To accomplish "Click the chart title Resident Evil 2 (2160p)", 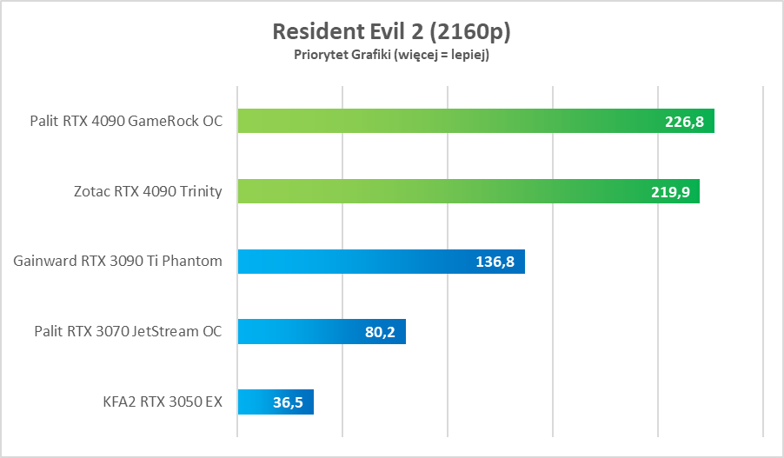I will point(391,31).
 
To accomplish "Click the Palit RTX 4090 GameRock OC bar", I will point(435,121).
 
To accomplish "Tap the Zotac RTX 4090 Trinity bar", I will point(435,191).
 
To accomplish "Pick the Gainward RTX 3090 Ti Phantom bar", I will point(348,261).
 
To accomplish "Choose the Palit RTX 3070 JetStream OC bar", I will point(296,331).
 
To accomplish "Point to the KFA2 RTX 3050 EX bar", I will point(261,402).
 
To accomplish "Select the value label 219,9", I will point(670,192).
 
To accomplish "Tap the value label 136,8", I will point(495,262).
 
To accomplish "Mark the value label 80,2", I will point(380,332).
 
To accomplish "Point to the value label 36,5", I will point(288,402).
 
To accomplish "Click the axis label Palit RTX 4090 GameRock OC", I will point(125,121).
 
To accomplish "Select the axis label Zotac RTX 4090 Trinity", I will point(147,191).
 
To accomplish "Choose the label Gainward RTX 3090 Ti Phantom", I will point(117,261).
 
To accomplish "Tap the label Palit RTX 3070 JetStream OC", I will point(128,331).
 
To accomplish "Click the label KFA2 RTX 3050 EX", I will point(162,402).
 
